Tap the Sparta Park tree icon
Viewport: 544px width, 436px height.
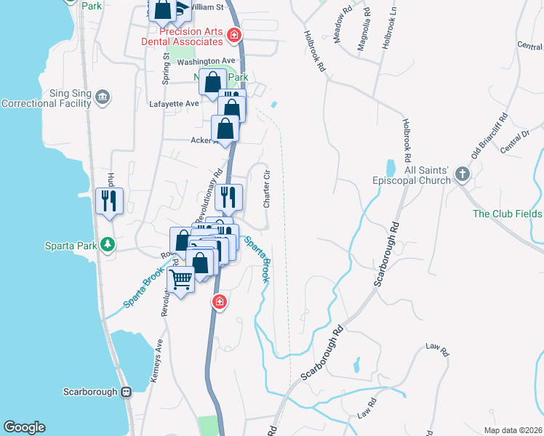108,244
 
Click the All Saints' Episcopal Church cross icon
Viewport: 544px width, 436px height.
461,174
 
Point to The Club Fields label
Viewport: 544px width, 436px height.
507,214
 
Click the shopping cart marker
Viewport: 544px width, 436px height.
180,278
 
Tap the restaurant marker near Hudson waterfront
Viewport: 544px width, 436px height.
109,201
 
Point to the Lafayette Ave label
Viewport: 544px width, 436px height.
172,104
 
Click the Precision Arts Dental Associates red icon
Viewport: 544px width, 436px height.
233,34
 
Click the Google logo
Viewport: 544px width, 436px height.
24,427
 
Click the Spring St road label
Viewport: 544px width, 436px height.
166,67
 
